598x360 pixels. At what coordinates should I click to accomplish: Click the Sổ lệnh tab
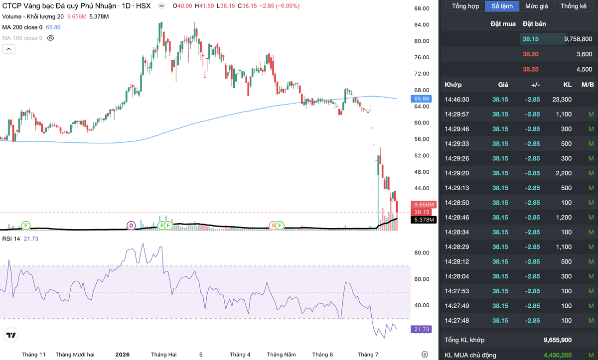pyautogui.click(x=502, y=6)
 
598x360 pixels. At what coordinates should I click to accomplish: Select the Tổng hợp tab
pyautogui.click(x=465, y=6)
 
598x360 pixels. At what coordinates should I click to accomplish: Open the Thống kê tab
pyautogui.click(x=573, y=6)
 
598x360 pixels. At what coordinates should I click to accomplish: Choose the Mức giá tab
pyautogui.click(x=537, y=6)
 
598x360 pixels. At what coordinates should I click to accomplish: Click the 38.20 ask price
pyautogui.click(x=530, y=54)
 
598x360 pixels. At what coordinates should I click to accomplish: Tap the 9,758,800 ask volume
pyautogui.click(x=578, y=39)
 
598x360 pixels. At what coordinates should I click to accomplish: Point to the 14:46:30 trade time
pyautogui.click(x=457, y=100)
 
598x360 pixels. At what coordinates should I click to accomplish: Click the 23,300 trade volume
pyautogui.click(x=562, y=100)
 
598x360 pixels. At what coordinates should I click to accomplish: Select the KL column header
pyautogui.click(x=567, y=85)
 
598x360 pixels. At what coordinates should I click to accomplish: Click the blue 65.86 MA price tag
pyautogui.click(x=422, y=99)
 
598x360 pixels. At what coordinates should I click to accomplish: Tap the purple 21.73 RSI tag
pyautogui.click(x=421, y=329)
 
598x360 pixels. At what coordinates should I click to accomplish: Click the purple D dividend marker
pyautogui.click(x=131, y=226)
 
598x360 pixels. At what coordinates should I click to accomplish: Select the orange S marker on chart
pyautogui.click(x=273, y=226)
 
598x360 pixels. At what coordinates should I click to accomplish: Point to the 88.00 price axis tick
pyautogui.click(x=422, y=8)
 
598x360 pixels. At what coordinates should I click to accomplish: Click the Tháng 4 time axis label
pyautogui.click(x=240, y=355)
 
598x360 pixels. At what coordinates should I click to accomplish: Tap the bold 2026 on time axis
pyautogui.click(x=122, y=355)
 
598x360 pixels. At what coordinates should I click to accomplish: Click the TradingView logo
pyautogui.click(x=11, y=335)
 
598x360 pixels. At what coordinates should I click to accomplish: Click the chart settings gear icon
pyautogui.click(x=425, y=355)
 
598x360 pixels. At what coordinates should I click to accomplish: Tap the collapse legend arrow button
pyautogui.click(x=8, y=49)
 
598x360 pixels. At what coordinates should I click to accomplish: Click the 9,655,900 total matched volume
pyautogui.click(x=558, y=340)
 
